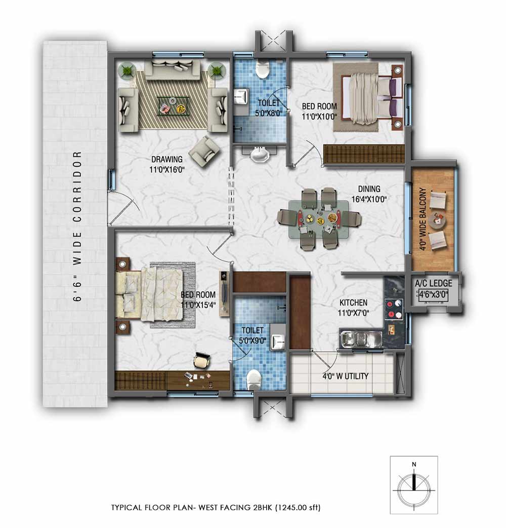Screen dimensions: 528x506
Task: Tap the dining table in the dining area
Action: click(x=319, y=218)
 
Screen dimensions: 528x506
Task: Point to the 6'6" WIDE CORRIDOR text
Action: click(x=77, y=226)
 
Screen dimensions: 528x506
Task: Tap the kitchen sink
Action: click(x=361, y=338)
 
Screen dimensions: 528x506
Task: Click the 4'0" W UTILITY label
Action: click(x=346, y=376)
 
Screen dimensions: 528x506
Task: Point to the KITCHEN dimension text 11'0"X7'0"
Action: click(x=353, y=313)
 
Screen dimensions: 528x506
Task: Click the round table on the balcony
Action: click(x=437, y=221)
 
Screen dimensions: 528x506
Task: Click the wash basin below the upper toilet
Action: click(x=260, y=155)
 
